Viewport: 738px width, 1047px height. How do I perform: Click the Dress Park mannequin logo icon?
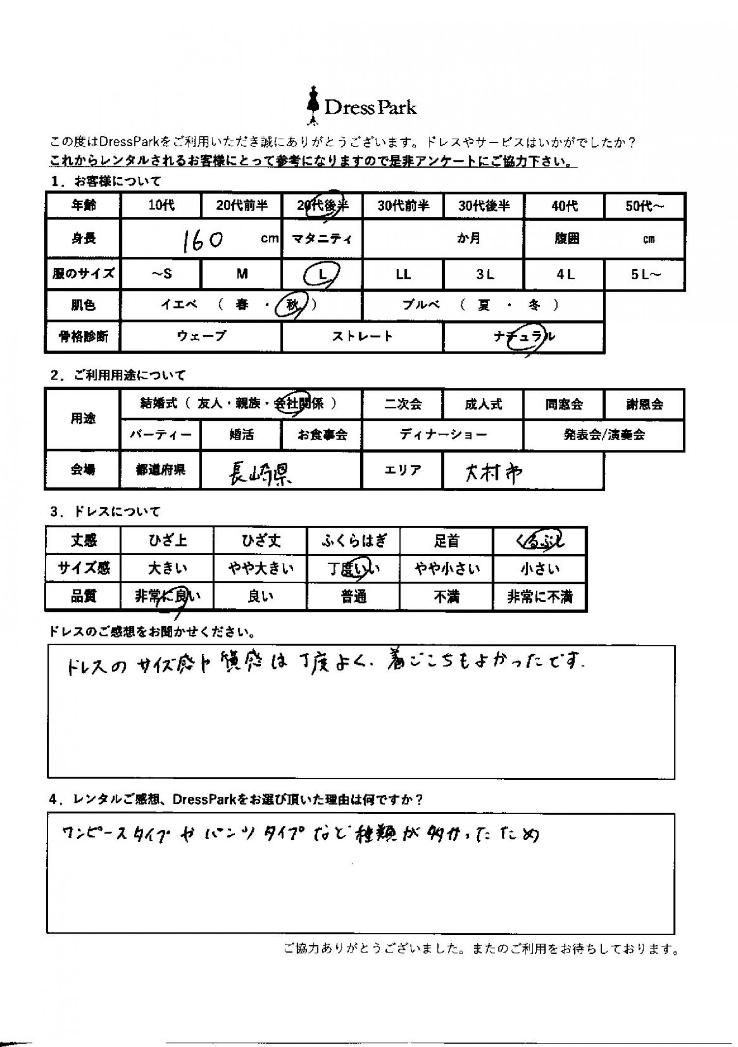pyautogui.click(x=311, y=105)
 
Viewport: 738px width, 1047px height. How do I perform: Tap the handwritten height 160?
pyautogui.click(x=203, y=241)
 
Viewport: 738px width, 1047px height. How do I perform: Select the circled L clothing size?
pyautogui.click(x=322, y=275)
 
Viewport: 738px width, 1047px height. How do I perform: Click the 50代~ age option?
pyautogui.click(x=644, y=206)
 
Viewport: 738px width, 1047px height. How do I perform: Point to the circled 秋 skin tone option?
pyautogui.click(x=292, y=305)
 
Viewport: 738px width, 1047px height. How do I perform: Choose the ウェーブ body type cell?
pyautogui.click(x=201, y=337)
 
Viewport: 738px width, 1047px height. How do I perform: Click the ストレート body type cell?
pyautogui.click(x=362, y=337)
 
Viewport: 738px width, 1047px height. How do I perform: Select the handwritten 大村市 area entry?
pyautogui.click(x=493, y=473)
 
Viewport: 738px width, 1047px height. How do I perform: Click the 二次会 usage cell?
pyautogui.click(x=402, y=405)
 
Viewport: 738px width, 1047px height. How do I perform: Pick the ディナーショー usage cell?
pyautogui.click(x=443, y=435)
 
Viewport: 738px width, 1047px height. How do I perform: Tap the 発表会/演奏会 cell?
pyautogui.click(x=604, y=435)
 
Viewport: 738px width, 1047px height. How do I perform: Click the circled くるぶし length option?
pyautogui.click(x=539, y=541)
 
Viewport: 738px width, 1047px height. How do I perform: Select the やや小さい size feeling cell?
pyautogui.click(x=447, y=569)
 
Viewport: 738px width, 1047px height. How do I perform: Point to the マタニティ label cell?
pyautogui.click(x=322, y=239)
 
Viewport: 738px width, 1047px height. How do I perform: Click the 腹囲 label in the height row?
pyautogui.click(x=566, y=239)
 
